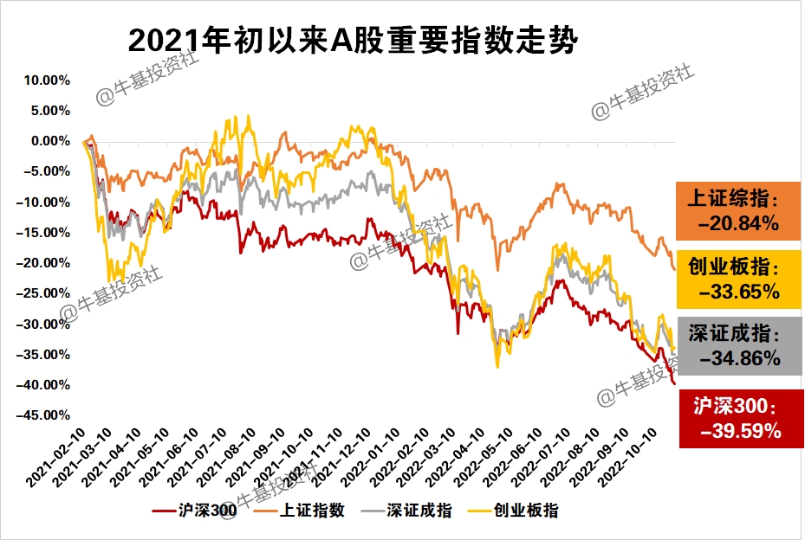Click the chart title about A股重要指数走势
click(x=351, y=39)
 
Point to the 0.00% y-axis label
click(x=49, y=141)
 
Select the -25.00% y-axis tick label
click(x=43, y=293)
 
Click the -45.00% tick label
click(x=43, y=415)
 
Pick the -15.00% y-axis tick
click(x=43, y=233)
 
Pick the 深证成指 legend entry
click(x=409, y=511)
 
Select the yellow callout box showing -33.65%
click(x=739, y=279)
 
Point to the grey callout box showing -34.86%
click(x=739, y=344)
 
